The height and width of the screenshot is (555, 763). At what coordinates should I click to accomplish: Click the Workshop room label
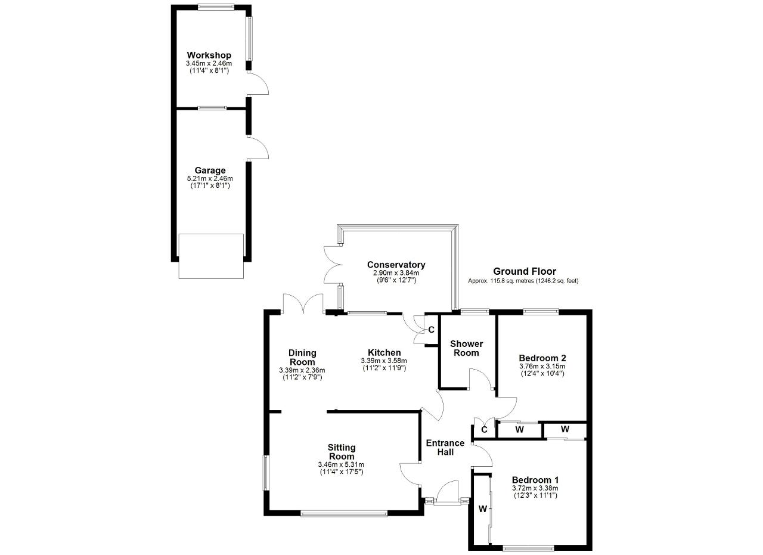point(209,55)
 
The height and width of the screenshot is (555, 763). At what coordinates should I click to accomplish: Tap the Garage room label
point(210,170)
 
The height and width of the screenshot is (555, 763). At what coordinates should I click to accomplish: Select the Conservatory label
point(396,265)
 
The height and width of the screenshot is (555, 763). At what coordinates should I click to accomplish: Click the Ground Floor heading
point(525,271)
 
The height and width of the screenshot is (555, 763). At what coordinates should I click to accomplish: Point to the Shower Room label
point(466,348)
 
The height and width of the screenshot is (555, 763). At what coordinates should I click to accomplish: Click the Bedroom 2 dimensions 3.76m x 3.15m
point(542,367)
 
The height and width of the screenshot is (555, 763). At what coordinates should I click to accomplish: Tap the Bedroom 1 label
point(535,480)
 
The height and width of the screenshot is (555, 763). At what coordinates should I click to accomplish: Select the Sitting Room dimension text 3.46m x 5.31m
point(341,465)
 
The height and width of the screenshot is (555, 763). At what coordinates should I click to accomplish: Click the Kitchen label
point(384,353)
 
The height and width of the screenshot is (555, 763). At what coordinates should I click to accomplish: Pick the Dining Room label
point(302,358)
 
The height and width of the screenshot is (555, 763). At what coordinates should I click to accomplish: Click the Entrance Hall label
point(445,448)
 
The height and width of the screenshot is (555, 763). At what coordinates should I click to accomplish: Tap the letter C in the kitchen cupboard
point(431,330)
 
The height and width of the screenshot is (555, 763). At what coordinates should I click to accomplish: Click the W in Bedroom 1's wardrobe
point(483,509)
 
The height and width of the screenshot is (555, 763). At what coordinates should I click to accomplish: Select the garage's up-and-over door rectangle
point(211,256)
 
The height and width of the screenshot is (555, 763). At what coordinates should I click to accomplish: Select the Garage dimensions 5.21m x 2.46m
point(210,178)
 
